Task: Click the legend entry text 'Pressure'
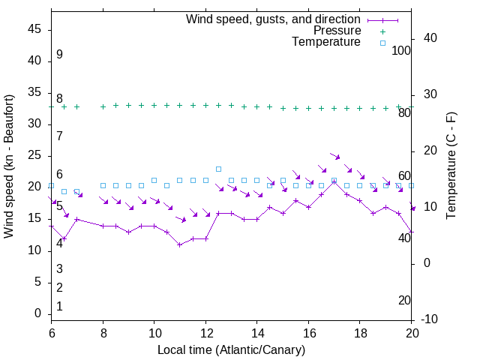tap(337, 31)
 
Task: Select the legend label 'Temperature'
tap(326, 42)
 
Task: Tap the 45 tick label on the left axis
tap(34, 29)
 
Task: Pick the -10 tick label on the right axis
tap(430, 319)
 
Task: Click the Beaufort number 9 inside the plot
tap(59, 55)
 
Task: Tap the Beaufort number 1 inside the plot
tap(59, 306)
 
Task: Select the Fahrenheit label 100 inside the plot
tap(401, 50)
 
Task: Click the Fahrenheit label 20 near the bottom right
tap(404, 300)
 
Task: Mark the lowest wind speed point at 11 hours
tap(180, 244)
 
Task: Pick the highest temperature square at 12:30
tap(218, 169)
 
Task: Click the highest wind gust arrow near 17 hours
tap(335, 157)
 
